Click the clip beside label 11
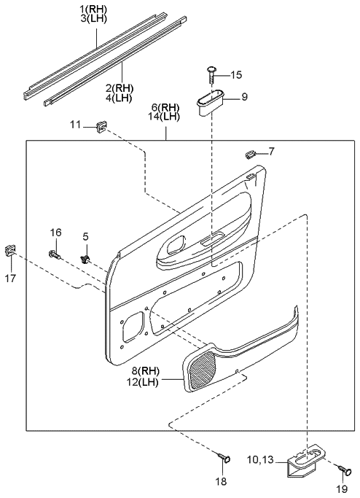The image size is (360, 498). pos(100,128)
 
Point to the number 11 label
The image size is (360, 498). pos(76,126)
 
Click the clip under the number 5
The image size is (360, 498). pos(85,257)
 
